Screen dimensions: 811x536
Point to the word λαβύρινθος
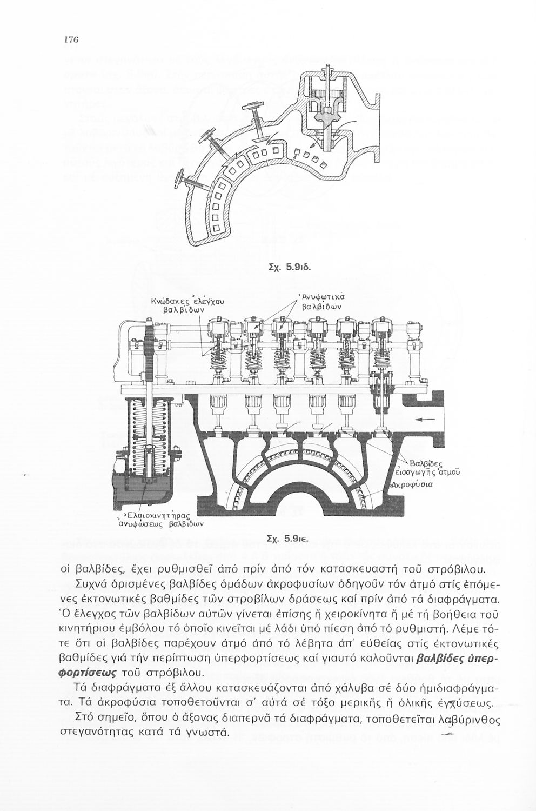tap(467, 720)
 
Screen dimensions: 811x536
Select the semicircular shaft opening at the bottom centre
tap(296, 495)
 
